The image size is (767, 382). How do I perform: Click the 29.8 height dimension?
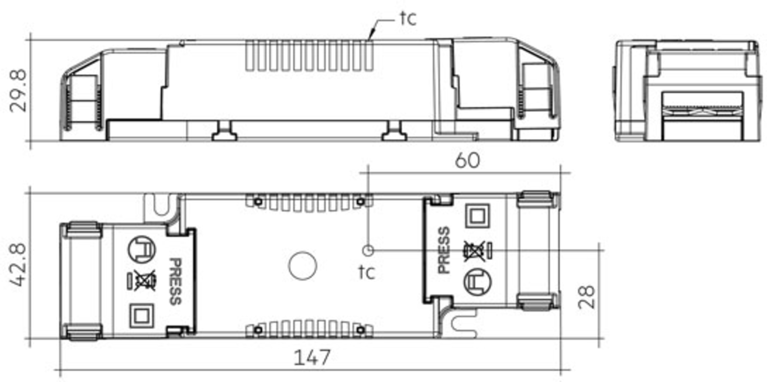[18, 91]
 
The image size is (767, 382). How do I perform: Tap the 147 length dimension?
[312, 358]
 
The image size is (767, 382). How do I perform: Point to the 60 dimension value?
[467, 160]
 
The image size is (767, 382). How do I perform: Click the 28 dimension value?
[586, 297]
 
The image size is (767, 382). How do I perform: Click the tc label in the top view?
[366, 272]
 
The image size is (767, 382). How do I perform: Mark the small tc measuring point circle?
[368, 250]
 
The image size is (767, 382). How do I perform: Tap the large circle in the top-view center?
[302, 266]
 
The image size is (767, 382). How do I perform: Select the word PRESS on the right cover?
[444, 250]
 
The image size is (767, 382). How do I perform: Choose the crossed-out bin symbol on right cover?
[474, 251]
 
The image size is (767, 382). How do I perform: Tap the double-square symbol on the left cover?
[142, 316]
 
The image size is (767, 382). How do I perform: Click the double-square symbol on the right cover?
[477, 216]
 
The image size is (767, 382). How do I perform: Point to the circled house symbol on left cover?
[142, 249]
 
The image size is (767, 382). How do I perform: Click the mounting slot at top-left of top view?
[162, 205]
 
